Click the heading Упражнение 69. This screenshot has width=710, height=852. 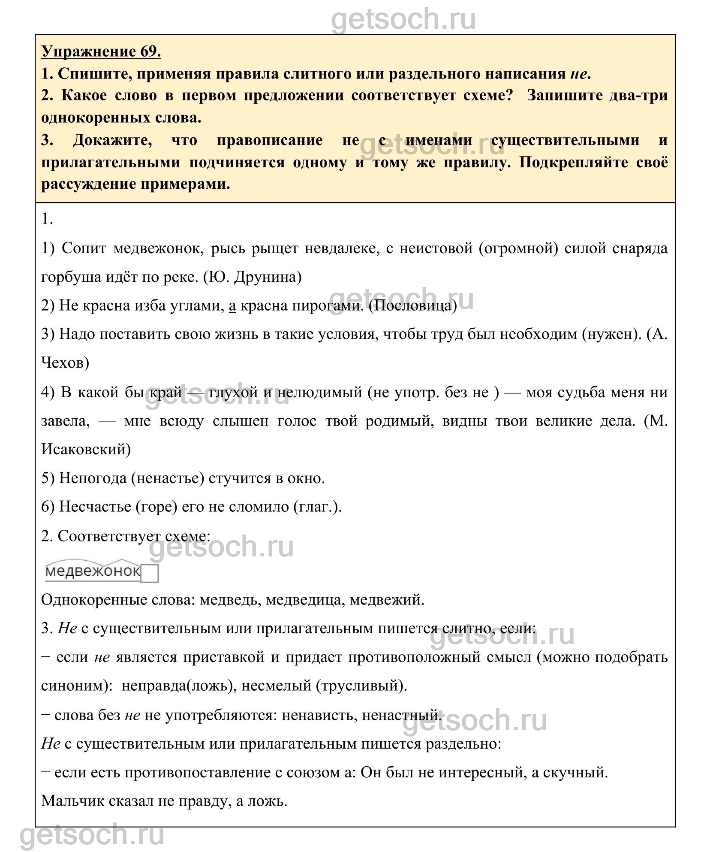pyautogui.click(x=101, y=52)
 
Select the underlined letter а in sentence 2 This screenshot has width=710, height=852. pyautogui.click(x=232, y=306)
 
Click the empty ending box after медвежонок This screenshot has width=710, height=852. pyautogui.click(x=149, y=574)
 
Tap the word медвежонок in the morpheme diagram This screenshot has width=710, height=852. pyautogui.click(x=93, y=571)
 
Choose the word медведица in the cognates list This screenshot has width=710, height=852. pyautogui.click(x=305, y=600)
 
